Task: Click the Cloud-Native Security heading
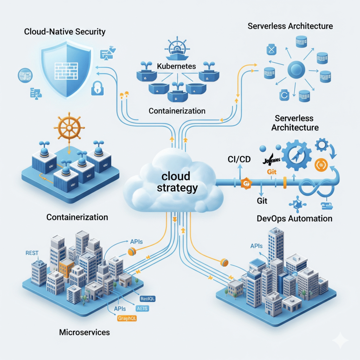tap(65, 32)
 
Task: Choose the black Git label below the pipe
tap(262, 201)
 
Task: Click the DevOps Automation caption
tap(294, 218)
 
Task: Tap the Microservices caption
tap(84, 332)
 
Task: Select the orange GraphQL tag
tap(127, 319)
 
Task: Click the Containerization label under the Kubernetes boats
tap(177, 111)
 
